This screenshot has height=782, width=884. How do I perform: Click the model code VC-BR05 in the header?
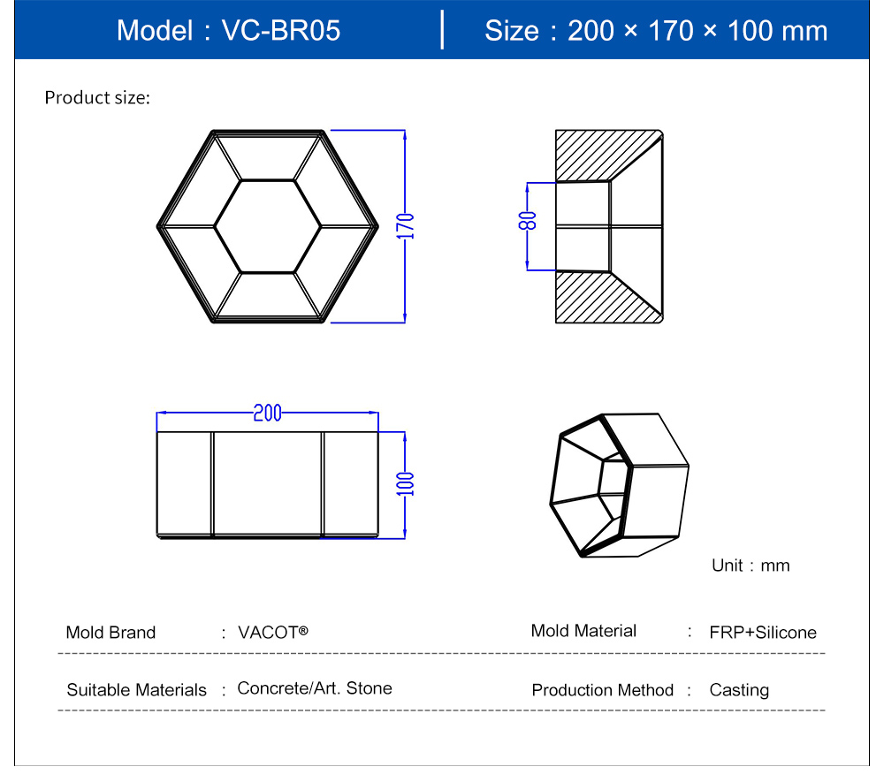pos(281,30)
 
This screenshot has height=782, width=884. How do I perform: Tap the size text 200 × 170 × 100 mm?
pos(697,30)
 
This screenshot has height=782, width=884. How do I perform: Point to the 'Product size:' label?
pos(97,97)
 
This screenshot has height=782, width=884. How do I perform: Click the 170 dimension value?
pos(406,226)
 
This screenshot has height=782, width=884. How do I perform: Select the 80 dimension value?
pos(527,221)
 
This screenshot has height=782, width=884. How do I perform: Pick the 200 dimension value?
pos(267,413)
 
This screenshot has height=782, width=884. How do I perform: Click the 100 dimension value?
pos(406,484)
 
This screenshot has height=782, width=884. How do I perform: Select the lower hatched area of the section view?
pos(592,301)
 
